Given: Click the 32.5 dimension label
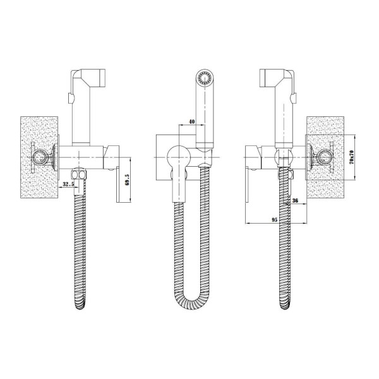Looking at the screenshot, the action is click(68, 184).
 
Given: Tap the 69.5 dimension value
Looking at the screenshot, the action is click(128, 180).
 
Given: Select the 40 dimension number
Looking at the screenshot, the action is click(191, 121).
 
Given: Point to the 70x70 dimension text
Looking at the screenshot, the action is click(351, 157).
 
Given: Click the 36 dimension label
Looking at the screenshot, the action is click(295, 200).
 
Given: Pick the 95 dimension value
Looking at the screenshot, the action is click(274, 220).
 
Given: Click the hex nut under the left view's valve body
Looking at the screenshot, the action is click(80, 174).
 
